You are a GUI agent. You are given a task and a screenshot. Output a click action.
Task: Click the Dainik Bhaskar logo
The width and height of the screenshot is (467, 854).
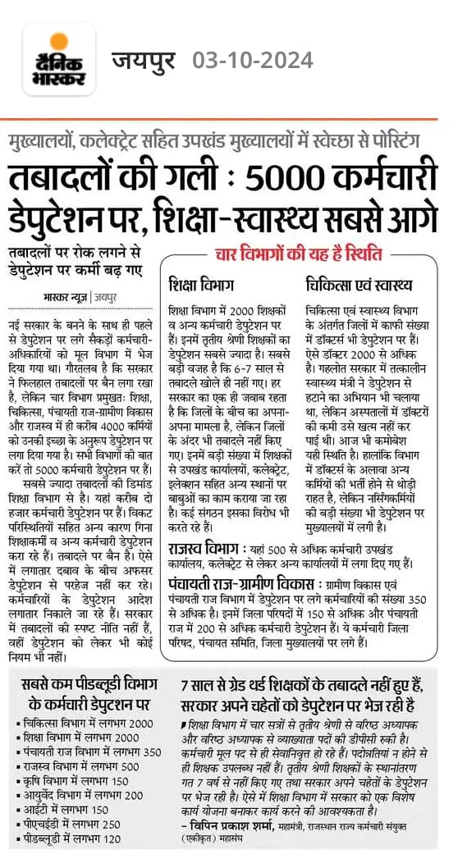click(x=59, y=59)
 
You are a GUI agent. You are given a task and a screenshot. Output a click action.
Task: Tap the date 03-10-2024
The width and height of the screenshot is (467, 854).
click(x=253, y=60)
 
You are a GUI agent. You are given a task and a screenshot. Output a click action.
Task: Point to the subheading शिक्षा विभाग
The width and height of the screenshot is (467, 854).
click(x=202, y=285)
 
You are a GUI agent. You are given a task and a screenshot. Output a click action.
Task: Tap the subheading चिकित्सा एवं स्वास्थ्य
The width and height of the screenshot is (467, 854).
click(x=358, y=285)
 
